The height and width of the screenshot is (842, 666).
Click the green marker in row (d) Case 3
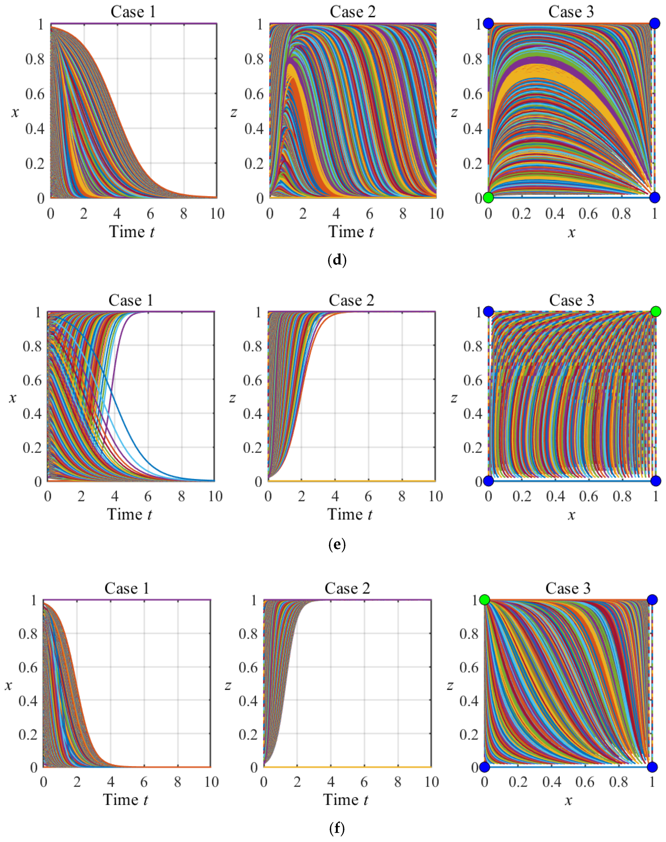(488, 198)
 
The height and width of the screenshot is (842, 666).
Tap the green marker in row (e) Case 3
(656, 311)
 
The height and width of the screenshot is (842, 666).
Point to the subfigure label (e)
(337, 544)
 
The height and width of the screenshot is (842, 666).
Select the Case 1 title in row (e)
(131, 301)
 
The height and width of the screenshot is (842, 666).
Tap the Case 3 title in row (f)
(568, 588)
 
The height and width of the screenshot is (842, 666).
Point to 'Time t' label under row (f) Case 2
(345, 800)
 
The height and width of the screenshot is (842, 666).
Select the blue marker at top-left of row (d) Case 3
(488, 24)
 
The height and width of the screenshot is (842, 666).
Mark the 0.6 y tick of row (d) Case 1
(35, 94)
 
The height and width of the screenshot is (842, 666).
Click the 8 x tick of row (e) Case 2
(402, 496)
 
